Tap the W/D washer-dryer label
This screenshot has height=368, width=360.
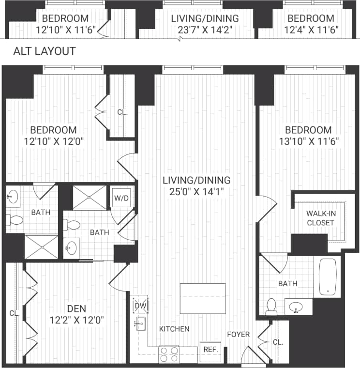pos(120,198)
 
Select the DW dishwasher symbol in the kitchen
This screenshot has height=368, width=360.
pos(140,306)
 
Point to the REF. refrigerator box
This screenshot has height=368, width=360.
pos(210,349)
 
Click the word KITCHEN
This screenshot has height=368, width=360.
pos(174,329)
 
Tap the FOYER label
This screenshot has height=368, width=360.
pos(239,334)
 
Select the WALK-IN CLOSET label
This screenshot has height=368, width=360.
pos(320,218)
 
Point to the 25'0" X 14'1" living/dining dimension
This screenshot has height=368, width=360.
pos(196,191)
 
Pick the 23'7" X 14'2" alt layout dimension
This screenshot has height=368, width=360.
pos(205,30)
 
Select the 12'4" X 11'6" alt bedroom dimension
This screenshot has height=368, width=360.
pos(311,30)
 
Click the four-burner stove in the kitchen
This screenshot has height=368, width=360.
pos(169,354)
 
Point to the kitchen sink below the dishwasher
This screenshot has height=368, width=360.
pos(140,324)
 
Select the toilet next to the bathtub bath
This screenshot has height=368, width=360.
pos(271,307)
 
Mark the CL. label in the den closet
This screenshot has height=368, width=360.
pos(14,313)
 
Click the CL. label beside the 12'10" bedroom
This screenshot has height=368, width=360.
pos(122,112)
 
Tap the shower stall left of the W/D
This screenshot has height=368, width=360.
pos(89,197)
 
